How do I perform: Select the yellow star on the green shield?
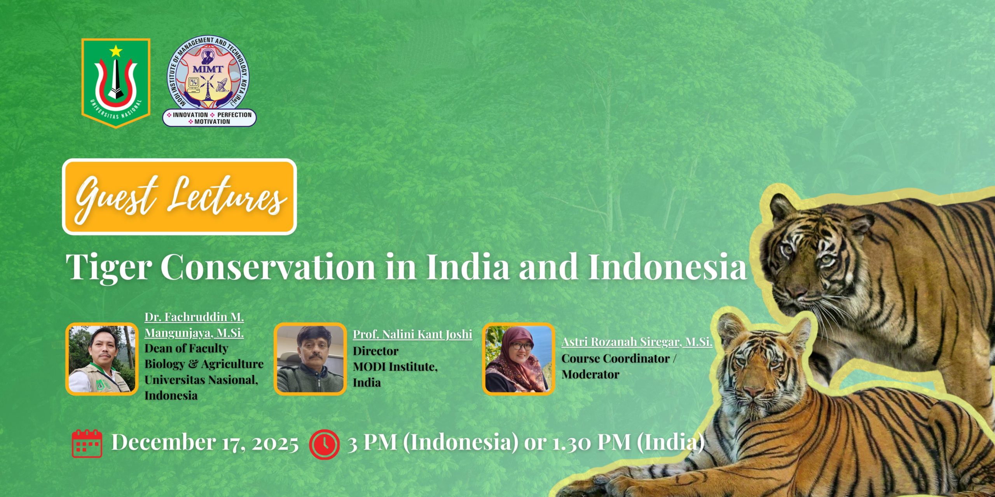(116, 51)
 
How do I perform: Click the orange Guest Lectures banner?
(179, 196)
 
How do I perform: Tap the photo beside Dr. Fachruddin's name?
(102, 359)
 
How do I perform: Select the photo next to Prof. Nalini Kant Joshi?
(310, 359)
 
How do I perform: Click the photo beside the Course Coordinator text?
(518, 359)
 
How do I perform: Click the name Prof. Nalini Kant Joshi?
(412, 334)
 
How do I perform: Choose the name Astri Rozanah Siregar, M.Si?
(637, 342)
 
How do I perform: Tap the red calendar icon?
(87, 443)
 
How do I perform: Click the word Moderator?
(590, 375)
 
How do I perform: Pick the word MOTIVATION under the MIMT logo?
(212, 122)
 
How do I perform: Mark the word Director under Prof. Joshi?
(375, 351)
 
